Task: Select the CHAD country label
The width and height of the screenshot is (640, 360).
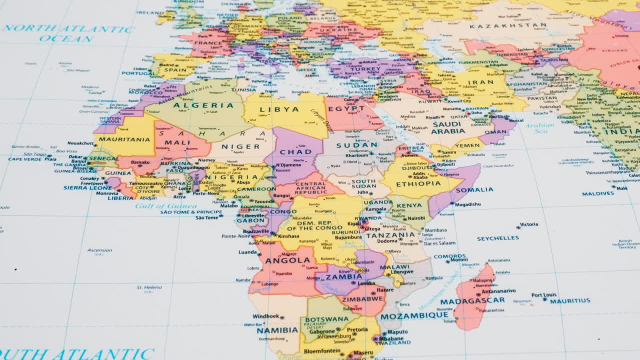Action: click(x=295, y=151)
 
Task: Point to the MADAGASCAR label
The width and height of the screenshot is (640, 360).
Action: click(x=472, y=301)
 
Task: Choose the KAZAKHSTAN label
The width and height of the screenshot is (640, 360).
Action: click(x=508, y=25)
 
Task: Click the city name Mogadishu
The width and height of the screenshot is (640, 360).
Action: click(x=467, y=204)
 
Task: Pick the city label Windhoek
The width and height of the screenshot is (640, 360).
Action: click(x=266, y=316)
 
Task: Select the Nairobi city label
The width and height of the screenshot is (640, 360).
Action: click(x=416, y=218)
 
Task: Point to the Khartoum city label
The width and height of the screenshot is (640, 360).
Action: click(x=356, y=155)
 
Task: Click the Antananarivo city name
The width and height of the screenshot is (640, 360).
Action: click(x=498, y=290)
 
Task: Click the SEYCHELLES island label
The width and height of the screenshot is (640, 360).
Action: click(x=497, y=238)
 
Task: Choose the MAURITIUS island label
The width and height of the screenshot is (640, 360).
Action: click(x=570, y=301)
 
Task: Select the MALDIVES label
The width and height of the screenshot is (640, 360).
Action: click(x=598, y=193)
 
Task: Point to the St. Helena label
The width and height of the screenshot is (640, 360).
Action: click(x=149, y=287)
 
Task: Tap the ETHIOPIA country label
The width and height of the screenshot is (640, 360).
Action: click(x=418, y=183)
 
